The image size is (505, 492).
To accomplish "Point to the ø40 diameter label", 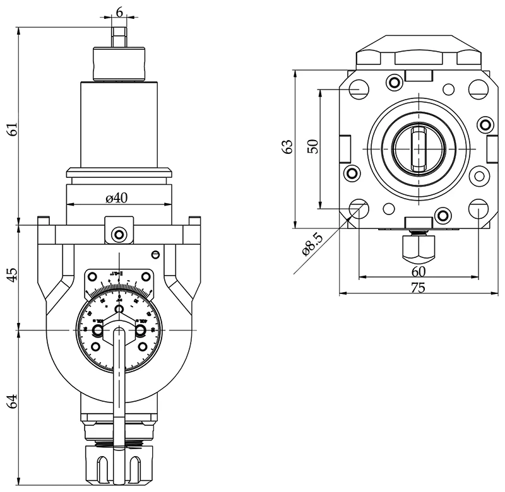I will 117,198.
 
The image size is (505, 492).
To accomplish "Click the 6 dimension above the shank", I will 119,13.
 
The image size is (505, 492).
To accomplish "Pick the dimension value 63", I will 288,147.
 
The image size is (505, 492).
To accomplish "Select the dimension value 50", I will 312,147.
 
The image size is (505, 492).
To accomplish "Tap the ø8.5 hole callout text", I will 313,243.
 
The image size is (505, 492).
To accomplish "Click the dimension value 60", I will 418,271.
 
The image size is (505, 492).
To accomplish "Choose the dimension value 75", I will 418,288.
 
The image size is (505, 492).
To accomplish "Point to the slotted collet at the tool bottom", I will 119,466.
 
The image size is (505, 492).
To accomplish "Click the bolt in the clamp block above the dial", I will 119,235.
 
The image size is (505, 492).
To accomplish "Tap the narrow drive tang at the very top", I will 119,35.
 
